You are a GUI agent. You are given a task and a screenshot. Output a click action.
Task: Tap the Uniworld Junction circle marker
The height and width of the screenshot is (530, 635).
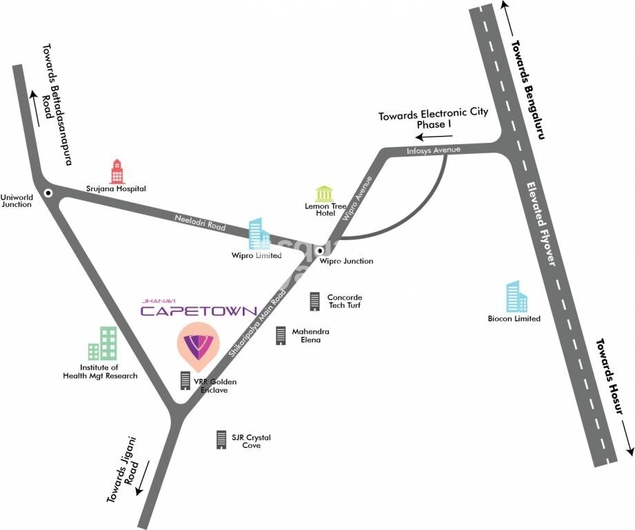coord(48,193)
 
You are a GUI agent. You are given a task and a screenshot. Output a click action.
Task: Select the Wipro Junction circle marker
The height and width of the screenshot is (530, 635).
coord(319,251)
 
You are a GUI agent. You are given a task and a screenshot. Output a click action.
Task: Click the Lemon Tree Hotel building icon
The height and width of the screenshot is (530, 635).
coord(323,193)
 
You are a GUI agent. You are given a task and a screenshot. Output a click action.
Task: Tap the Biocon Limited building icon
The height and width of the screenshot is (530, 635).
coord(516,297)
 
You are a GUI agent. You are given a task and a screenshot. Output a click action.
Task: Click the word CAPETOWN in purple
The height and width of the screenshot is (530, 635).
coord(199,311)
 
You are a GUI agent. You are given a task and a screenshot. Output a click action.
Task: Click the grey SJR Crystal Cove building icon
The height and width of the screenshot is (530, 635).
coord(221,439)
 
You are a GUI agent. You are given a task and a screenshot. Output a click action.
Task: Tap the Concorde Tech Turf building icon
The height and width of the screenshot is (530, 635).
coord(315,301)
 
